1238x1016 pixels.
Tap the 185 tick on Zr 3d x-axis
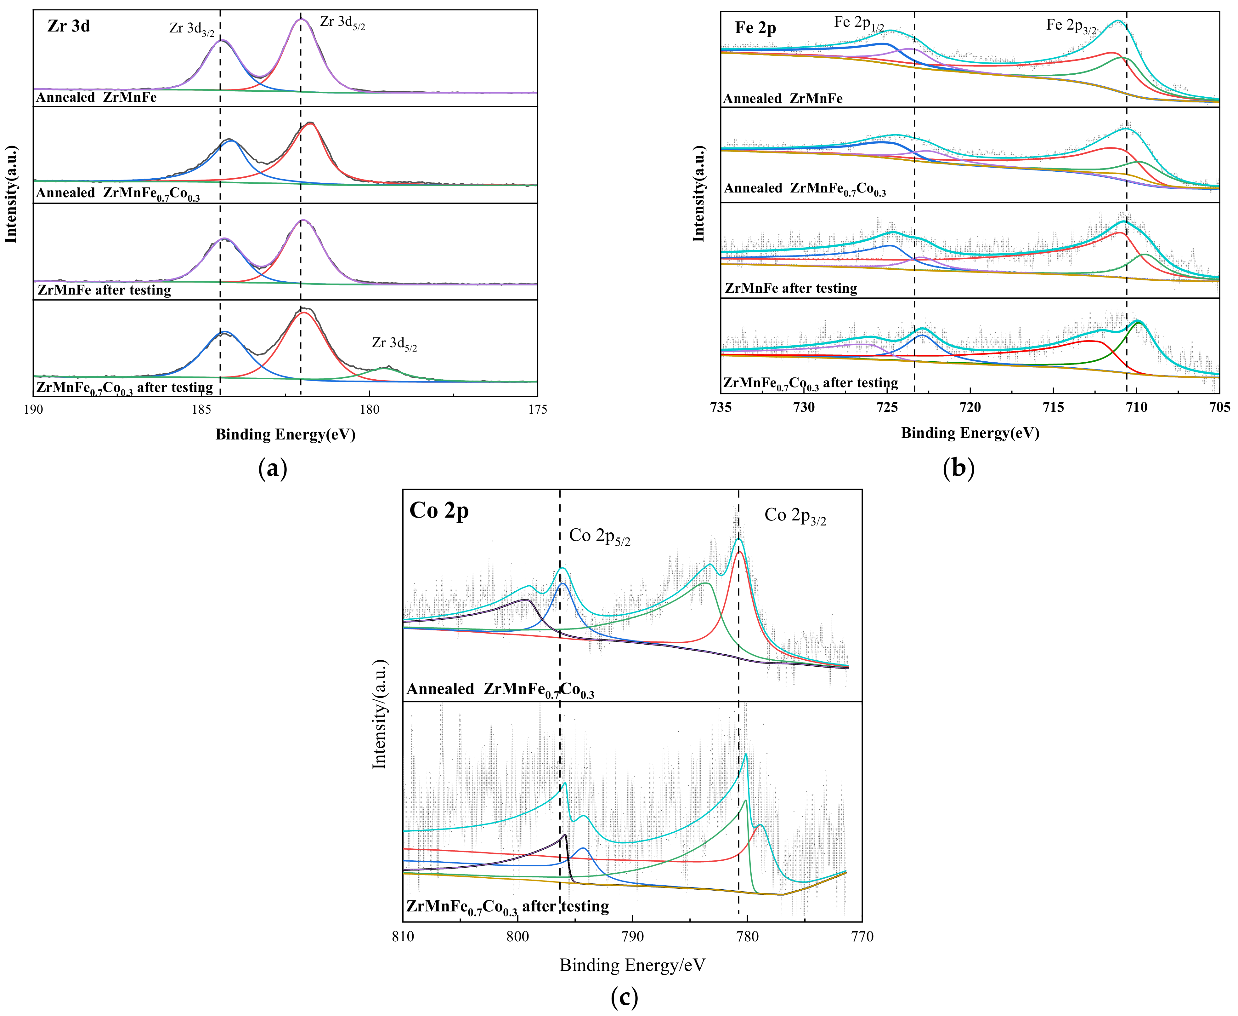pos(201,409)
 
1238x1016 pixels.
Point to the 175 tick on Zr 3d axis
pos(537,409)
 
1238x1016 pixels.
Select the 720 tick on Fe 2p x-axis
pos(970,407)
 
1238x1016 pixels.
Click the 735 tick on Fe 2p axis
pos(721,407)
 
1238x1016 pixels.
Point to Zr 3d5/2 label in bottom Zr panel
pos(394,343)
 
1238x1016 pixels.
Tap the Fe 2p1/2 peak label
pos(858,23)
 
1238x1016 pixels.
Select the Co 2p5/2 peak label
pos(599,536)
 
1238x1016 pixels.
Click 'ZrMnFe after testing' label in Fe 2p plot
pos(791,288)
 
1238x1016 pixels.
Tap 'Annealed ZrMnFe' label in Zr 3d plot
pos(97,97)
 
